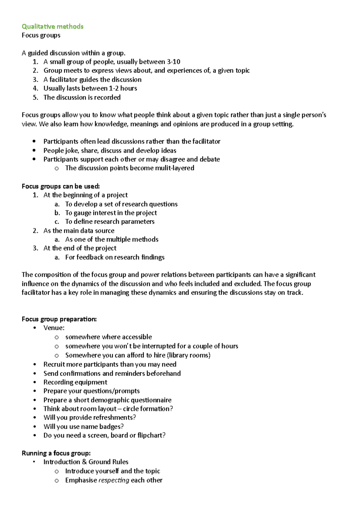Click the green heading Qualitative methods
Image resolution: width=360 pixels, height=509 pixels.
coord(52,26)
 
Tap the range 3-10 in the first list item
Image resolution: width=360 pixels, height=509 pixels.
coord(173,62)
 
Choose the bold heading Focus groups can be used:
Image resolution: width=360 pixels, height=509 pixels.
coord(61,186)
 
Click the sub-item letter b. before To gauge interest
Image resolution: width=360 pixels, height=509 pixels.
coord(57,213)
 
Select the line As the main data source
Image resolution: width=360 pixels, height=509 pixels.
coord(79,231)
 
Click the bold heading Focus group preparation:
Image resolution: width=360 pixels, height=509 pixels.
coord(59,319)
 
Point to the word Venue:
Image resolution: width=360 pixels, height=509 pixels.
coord(54,328)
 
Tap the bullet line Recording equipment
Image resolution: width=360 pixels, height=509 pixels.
coord(75,382)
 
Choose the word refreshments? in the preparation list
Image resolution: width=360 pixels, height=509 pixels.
coord(115,418)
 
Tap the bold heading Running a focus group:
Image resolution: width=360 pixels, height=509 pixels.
coord(56,453)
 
